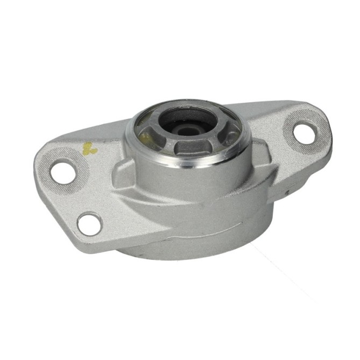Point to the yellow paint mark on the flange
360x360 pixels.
[89, 149]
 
